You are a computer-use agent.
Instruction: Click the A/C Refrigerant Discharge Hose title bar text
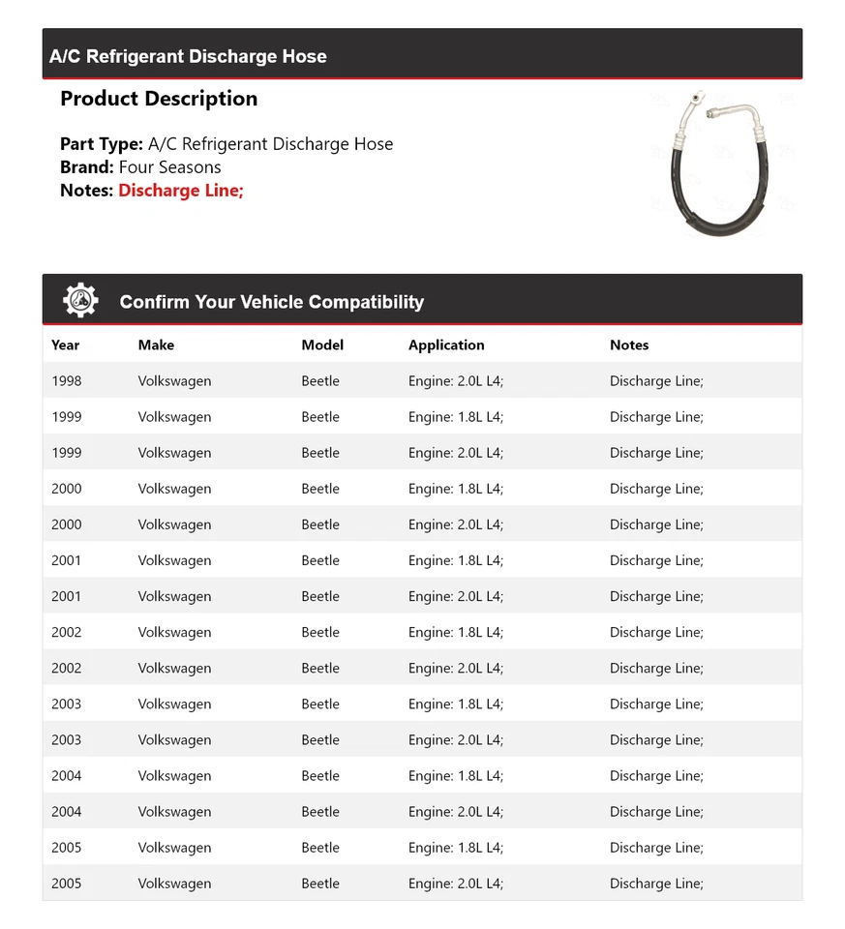188,56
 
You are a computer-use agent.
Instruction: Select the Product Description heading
159,99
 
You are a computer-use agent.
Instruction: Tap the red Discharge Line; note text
181,191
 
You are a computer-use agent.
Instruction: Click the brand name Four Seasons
169,167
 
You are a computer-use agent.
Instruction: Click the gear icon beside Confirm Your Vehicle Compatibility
80,301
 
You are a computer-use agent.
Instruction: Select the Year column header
66,345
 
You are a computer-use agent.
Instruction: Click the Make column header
156,345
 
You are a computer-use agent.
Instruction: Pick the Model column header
322,345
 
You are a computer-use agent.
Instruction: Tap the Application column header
446,345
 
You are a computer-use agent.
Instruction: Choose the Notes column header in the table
629,345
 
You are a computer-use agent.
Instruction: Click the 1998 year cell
67,381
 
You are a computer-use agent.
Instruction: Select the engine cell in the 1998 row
456,381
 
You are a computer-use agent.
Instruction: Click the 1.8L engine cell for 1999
456,417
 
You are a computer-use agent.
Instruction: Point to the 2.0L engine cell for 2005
456,884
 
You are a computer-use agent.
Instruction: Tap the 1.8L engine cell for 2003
456,704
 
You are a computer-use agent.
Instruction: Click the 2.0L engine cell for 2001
456,597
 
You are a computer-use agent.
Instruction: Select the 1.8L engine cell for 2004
456,776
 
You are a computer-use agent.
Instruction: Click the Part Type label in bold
102,144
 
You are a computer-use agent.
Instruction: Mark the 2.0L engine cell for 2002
456,669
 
